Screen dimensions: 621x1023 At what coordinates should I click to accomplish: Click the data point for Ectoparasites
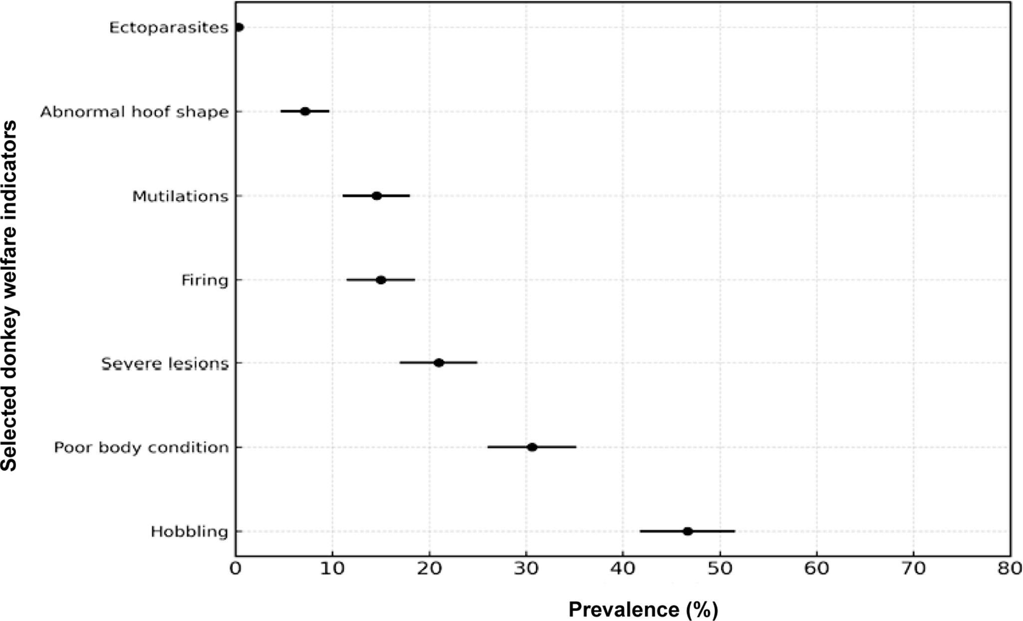(239, 27)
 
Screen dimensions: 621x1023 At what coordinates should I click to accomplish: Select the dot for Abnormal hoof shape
(305, 111)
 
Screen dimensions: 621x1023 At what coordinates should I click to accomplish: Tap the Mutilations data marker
(377, 196)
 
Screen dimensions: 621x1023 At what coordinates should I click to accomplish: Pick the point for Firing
(381, 280)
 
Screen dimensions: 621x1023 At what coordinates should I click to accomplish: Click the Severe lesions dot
(439, 363)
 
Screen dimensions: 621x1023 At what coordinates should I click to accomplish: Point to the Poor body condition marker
(532, 447)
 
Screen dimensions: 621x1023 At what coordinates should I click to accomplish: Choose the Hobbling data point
(688, 531)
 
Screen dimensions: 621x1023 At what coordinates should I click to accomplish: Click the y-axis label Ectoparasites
(169, 28)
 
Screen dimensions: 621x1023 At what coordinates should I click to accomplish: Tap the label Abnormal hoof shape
(134, 112)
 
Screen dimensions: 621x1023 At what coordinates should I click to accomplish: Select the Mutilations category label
(180, 197)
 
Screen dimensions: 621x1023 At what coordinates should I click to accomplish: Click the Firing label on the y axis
(205, 281)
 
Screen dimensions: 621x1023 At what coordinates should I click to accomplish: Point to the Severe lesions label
(165, 364)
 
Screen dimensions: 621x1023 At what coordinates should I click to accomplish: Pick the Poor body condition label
(141, 448)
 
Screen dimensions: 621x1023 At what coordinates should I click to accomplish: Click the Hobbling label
(189, 532)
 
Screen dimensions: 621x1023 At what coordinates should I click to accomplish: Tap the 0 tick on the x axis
(236, 569)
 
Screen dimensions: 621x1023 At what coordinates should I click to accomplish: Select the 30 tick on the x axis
(526, 569)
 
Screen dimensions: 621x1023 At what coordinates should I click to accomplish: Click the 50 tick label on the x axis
(720, 569)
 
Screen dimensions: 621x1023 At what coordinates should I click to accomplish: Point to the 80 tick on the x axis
(1010, 569)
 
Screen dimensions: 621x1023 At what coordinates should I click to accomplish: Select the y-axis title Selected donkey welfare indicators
(9, 296)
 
